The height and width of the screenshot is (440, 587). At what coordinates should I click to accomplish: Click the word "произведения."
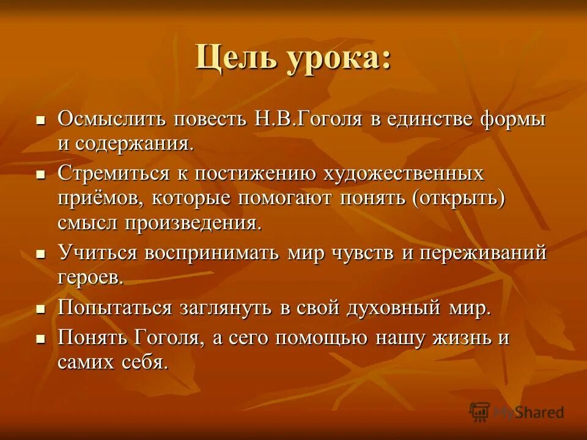coord(194,223)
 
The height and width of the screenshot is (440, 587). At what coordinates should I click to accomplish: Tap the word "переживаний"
coord(482,252)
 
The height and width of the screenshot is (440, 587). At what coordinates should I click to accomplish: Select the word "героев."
coord(91,278)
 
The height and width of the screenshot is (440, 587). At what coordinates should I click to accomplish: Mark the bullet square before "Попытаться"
coord(41,308)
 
